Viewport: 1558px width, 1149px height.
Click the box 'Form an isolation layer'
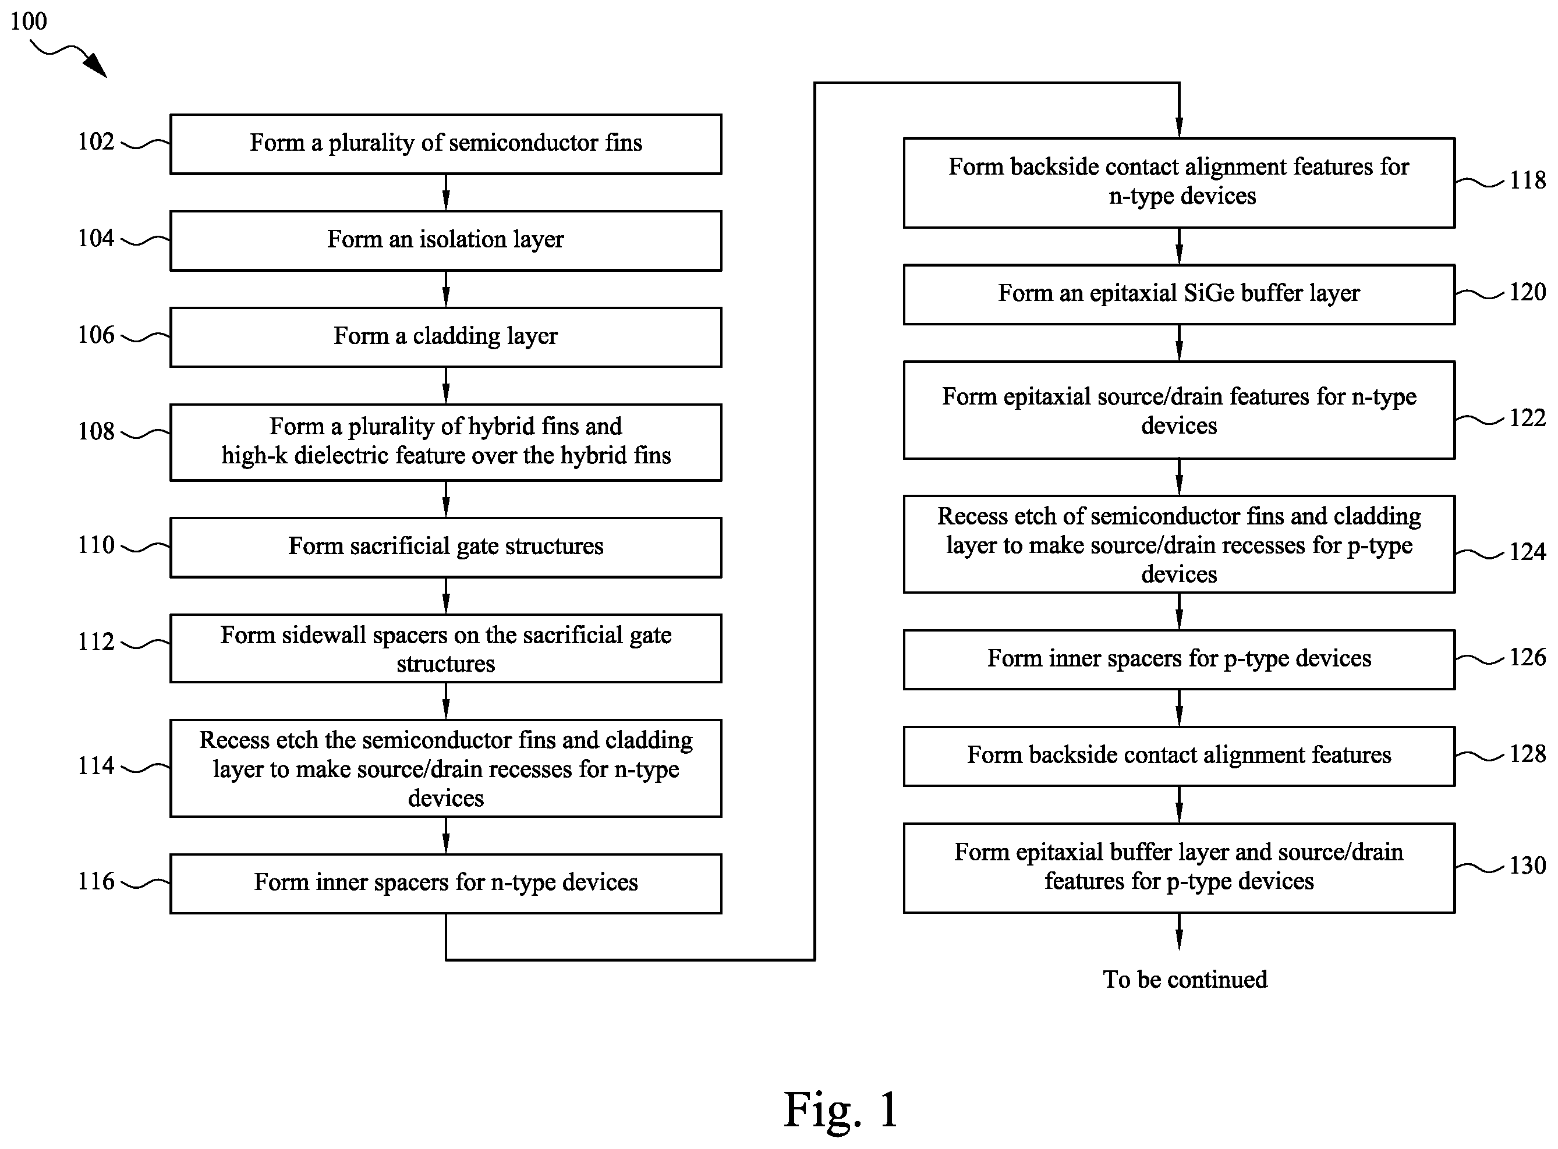pyautogui.click(x=446, y=240)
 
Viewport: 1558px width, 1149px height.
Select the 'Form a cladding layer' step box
pyautogui.click(x=446, y=338)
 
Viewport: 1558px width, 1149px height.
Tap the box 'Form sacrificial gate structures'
pyautogui.click(x=446, y=547)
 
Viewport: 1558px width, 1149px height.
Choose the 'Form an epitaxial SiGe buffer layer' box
pyautogui.click(x=1179, y=294)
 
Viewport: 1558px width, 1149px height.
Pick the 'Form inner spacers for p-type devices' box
pyautogui.click(x=1179, y=659)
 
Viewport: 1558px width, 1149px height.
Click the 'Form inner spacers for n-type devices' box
pyautogui.click(x=446, y=884)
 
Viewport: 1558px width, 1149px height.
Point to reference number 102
pyautogui.click(x=96, y=142)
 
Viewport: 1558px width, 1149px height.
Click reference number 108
pyautogui.click(x=96, y=431)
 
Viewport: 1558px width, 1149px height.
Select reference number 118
pyautogui.click(x=1527, y=180)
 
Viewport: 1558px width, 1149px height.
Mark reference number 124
pyautogui.click(x=1527, y=552)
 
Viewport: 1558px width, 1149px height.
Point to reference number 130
pyautogui.click(x=1527, y=865)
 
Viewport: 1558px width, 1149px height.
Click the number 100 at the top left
pyautogui.click(x=29, y=21)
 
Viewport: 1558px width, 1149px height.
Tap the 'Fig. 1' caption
pyautogui.click(x=841, y=1109)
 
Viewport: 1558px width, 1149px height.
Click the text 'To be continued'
pyautogui.click(x=1185, y=979)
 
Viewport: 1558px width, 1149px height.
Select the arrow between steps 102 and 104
pyautogui.click(x=446, y=193)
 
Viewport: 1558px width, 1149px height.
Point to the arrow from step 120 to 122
pyautogui.click(x=1179, y=343)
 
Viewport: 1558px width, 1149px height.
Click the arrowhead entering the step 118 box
pyautogui.click(x=1179, y=129)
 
